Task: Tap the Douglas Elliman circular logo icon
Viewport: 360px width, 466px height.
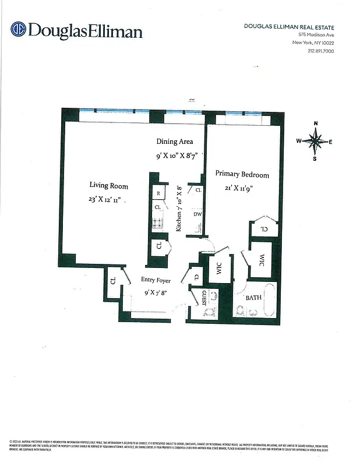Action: pos(18,29)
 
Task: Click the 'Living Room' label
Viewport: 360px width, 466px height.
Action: pos(108,186)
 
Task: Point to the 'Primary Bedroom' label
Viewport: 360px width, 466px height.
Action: pos(242,174)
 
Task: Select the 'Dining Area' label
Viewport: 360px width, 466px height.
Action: pos(174,142)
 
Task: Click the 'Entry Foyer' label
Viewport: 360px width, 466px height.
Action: pos(156,281)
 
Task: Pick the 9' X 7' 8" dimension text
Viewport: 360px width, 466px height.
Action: pos(156,293)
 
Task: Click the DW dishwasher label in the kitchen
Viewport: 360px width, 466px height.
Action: pos(197,214)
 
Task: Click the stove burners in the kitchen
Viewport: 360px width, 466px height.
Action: pos(157,222)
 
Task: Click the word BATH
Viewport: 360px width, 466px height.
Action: pos(253,298)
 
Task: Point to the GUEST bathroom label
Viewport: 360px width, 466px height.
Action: pos(203,298)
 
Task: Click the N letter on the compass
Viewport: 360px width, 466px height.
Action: pos(315,123)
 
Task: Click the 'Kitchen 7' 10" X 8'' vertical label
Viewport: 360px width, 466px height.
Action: pos(179,209)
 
